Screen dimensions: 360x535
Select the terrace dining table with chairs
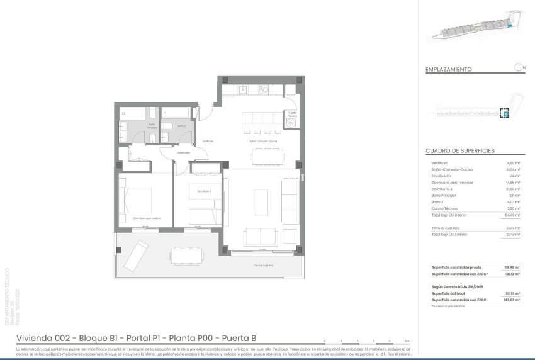click(186, 256)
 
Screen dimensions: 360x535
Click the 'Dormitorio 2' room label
click(203, 191)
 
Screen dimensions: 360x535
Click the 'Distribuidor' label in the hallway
click(183, 152)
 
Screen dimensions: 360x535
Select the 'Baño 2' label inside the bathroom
click(181, 126)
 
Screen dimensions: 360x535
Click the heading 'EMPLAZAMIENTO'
click(449, 70)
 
